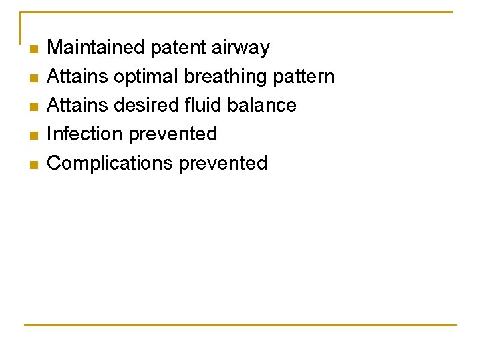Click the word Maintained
coord(96,47)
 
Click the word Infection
coord(84,134)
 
